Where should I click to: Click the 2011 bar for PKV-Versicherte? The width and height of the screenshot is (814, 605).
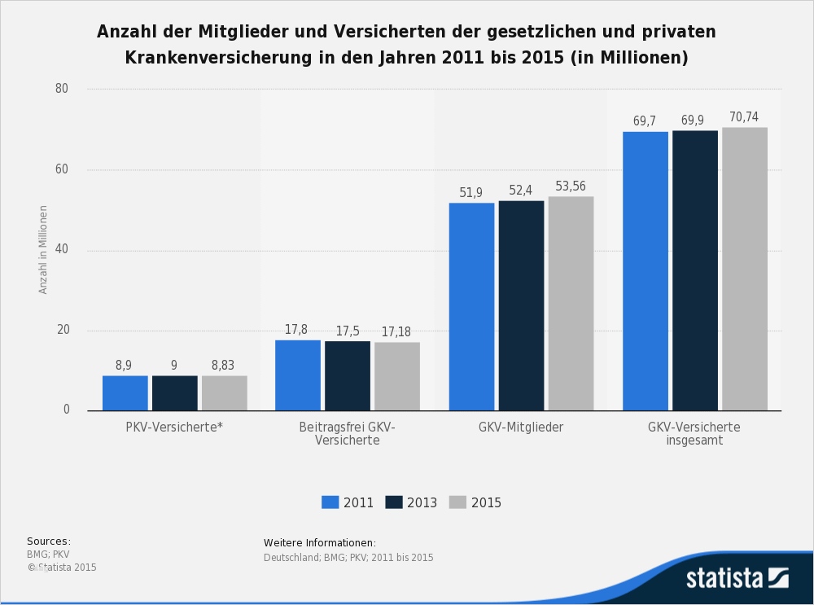[x=125, y=392]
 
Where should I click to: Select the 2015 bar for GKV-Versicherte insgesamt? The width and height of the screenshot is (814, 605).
[x=744, y=269]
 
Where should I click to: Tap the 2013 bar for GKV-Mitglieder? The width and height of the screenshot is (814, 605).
[x=521, y=305]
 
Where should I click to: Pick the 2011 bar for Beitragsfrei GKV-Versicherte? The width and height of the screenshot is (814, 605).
[x=298, y=375]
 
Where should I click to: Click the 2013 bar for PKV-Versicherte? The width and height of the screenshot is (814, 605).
[x=174, y=392]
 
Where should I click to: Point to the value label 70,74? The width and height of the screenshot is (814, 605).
[x=744, y=117]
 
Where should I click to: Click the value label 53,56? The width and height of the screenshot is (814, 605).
[x=571, y=186]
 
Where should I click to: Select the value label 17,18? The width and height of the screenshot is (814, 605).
[x=397, y=332]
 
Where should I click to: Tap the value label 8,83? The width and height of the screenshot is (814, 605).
[x=224, y=366]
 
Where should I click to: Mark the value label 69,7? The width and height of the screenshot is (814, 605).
[x=645, y=121]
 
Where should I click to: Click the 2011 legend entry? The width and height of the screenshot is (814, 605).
[x=348, y=502]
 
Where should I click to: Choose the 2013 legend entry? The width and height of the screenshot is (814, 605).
[x=411, y=502]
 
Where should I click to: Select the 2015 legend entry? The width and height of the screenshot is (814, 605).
[x=475, y=502]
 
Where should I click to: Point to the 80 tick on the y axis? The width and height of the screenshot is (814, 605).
[x=62, y=89]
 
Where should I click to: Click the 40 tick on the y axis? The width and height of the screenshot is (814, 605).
[x=62, y=250]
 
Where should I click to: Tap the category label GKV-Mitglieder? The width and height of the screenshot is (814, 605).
[x=521, y=427]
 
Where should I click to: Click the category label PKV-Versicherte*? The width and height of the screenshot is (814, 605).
[x=174, y=427]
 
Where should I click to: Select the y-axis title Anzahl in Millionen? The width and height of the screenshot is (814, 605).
[x=43, y=249]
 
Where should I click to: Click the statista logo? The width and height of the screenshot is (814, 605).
[x=737, y=578]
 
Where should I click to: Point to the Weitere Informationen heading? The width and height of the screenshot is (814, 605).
[x=320, y=543]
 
